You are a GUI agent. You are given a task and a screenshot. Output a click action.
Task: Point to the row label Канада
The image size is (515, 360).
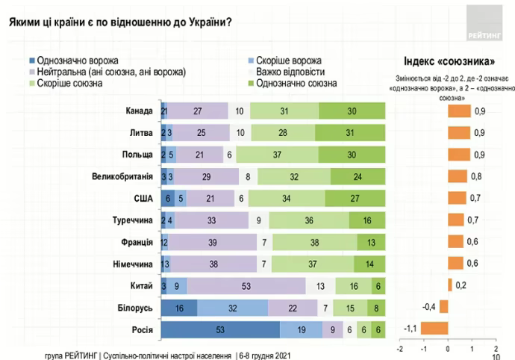pos(140,111)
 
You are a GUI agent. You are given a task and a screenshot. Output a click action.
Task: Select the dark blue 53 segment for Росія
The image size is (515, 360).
pos(220,328)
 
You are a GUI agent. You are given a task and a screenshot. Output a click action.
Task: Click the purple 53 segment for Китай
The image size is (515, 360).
pos(246,285)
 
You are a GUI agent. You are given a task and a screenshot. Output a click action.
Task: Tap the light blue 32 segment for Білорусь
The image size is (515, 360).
pos(232,306)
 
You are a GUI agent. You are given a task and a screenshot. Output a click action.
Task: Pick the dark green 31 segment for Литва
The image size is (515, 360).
pos(350,133)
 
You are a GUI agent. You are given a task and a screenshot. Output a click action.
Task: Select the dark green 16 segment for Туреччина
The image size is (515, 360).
pos(367,220)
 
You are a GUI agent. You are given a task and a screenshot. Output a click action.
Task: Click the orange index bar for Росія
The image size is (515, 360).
pos(435,328)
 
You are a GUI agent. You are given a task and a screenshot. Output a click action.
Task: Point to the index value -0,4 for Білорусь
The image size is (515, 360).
pos(428,306)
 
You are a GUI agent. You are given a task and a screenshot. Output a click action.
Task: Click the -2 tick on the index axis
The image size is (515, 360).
pos(400,348)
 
